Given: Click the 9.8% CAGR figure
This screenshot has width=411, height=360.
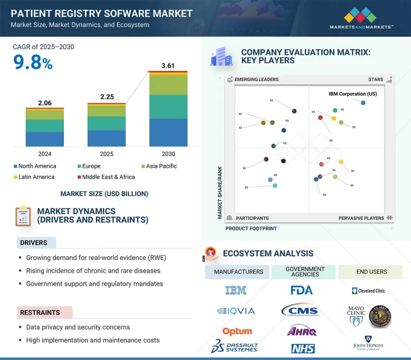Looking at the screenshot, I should coord(33,63).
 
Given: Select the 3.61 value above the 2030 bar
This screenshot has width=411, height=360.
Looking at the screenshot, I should coord(168,66).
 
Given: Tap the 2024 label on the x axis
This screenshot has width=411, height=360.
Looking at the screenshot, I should coord(45,154).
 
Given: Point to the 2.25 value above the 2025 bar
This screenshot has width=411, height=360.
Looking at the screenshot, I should coord(106,97).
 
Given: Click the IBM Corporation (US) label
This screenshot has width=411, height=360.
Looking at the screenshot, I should coord(353,94).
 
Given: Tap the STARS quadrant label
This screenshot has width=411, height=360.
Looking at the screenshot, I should coord(376,79).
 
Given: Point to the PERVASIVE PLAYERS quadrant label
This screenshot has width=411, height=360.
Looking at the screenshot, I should coord(362,218).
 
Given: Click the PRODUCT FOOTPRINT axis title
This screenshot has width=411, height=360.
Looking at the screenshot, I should coord(251,228).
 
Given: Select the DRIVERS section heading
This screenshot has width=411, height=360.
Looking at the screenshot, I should coord(34,242).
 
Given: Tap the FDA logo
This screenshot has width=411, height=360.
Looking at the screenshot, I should coord(301,290).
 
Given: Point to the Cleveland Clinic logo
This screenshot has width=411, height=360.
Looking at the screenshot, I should coord(368,290).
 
